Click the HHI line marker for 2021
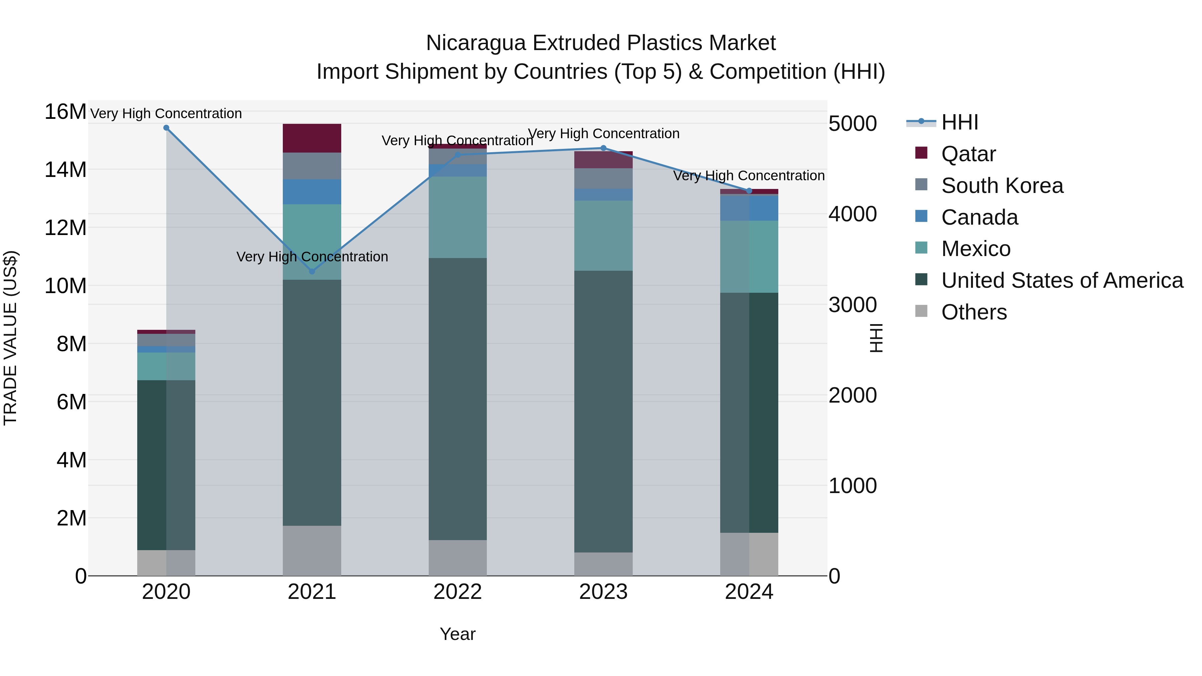[x=312, y=271]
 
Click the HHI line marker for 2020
[x=166, y=128]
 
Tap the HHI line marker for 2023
[x=603, y=148]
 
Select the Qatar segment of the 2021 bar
[x=312, y=138]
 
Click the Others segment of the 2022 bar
[x=458, y=557]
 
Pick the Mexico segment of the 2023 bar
[x=603, y=236]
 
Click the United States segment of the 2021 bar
[x=312, y=402]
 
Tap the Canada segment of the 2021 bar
[x=312, y=192]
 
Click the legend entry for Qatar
[x=968, y=154]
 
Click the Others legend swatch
[x=921, y=311]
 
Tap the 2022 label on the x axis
[x=458, y=592]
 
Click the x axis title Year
[x=458, y=634]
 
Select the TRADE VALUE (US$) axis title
[x=10, y=338]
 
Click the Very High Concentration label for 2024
[x=749, y=176]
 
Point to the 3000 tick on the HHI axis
[x=852, y=305]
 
